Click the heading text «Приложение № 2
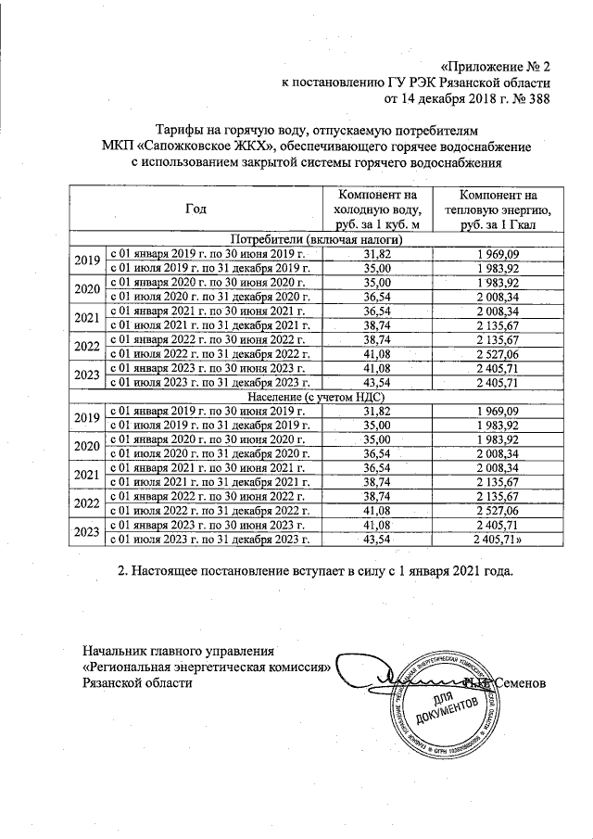497,67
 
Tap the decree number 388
539,100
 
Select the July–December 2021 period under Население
209,481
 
